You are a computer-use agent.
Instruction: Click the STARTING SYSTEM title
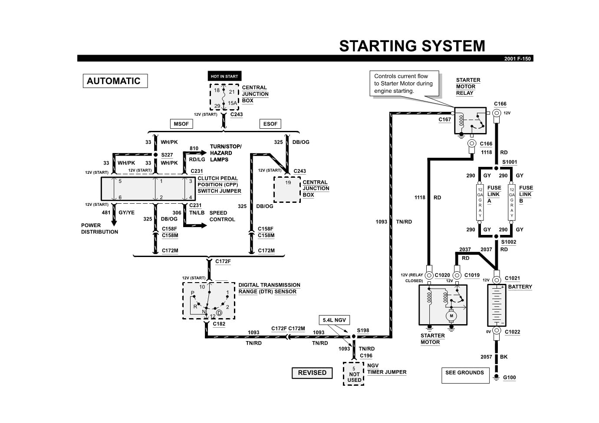[x=411, y=46]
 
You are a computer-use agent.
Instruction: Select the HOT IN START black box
[x=224, y=76]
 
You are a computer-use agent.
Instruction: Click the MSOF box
[x=181, y=124]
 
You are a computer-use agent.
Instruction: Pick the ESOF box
[x=270, y=124]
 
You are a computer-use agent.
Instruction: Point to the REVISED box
[x=312, y=373]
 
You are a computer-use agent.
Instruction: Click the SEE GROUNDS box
[x=464, y=375]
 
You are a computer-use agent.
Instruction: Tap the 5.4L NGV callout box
[x=334, y=320]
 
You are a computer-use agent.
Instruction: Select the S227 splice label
[x=167, y=155]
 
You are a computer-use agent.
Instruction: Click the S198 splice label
[x=363, y=330]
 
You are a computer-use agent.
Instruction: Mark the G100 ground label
[x=509, y=377]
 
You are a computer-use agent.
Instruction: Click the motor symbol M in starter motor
[x=451, y=316]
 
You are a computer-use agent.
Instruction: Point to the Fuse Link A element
[x=480, y=202]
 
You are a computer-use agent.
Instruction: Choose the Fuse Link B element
[x=512, y=202]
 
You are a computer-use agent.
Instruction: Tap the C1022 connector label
[x=512, y=332]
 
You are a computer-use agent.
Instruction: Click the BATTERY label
[x=520, y=287]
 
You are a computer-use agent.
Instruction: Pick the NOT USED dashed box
[x=354, y=374]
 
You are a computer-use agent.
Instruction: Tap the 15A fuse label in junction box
[x=233, y=103]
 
